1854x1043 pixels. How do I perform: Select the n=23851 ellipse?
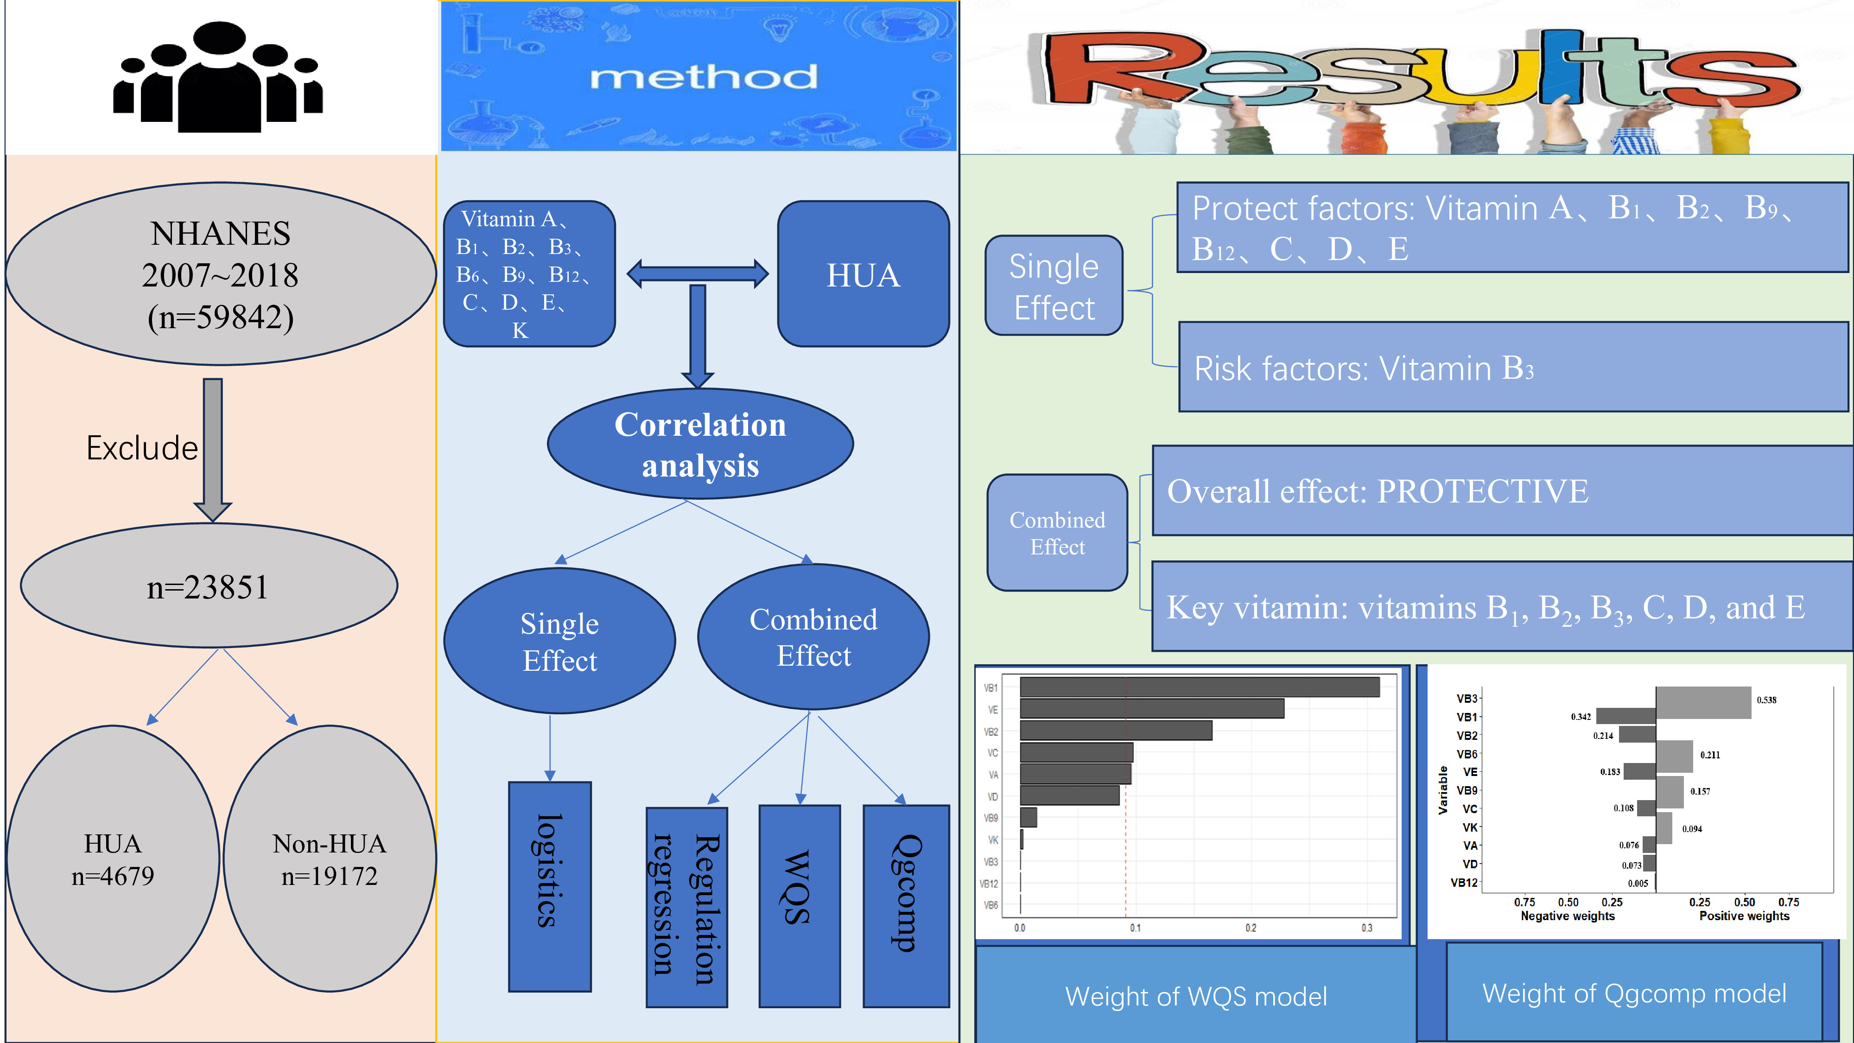[x=209, y=586]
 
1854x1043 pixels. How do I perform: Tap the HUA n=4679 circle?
[x=113, y=859]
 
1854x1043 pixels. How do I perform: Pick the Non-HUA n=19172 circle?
[x=330, y=859]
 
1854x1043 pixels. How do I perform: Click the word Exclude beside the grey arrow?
[x=142, y=448]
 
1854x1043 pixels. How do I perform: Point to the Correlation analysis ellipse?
[x=699, y=444]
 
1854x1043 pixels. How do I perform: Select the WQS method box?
[x=799, y=905]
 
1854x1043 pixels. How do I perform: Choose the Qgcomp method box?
[x=906, y=905]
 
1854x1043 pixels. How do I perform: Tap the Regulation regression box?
[x=686, y=907]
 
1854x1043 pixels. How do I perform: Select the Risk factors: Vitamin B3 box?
[x=1513, y=367]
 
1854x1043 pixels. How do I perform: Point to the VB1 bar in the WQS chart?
[x=1199, y=687]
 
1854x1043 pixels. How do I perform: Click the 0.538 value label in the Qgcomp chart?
[x=1766, y=700]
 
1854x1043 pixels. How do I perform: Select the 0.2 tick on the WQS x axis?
[x=1251, y=928]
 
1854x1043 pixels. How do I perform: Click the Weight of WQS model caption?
[x=1195, y=996]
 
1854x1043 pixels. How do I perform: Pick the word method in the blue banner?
[x=703, y=77]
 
